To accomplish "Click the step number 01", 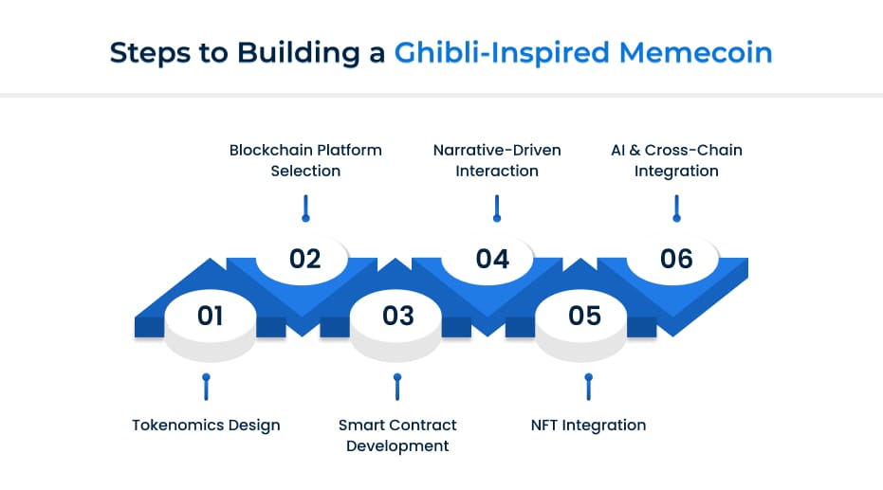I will [210, 316].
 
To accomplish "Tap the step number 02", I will [305, 259].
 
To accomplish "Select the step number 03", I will [397, 316].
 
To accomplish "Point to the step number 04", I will [492, 259].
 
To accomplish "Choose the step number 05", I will [585, 316].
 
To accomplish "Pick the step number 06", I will [676, 259].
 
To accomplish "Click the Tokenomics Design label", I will [206, 425].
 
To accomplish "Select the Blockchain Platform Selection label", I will [305, 160].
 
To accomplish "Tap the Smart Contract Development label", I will [397, 435].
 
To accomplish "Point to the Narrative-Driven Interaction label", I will [497, 160].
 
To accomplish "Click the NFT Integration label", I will [588, 425].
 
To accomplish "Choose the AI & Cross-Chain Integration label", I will [676, 160].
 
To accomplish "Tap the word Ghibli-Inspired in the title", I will [502, 52].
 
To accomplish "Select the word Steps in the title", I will [145, 52].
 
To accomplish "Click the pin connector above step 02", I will [305, 209].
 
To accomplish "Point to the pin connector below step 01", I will [206, 387].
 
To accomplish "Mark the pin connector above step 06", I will [676, 209].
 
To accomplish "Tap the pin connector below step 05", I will [588, 387].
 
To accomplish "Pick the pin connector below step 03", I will [397, 387].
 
